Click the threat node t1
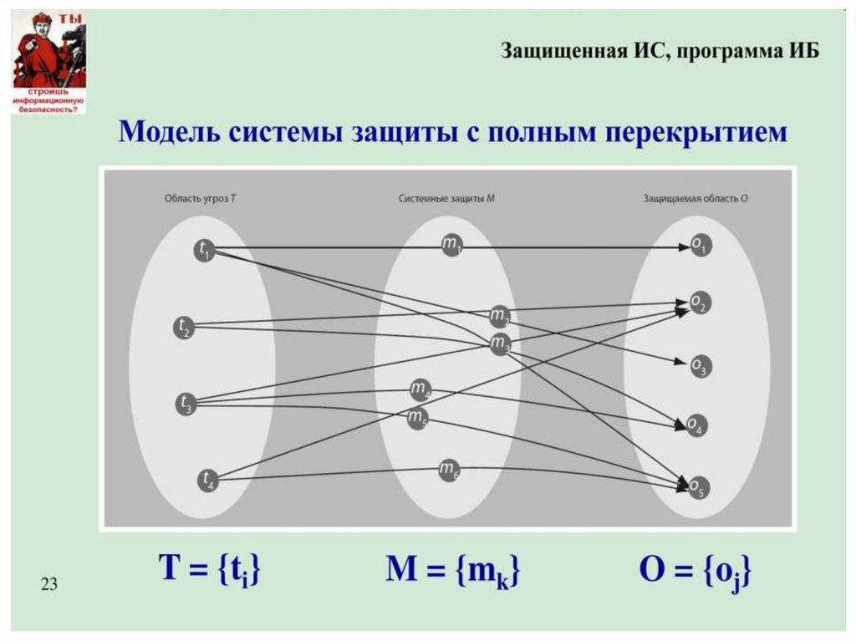coord(205,250)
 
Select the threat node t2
coord(184,328)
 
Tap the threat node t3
coord(185,404)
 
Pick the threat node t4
coord(207,480)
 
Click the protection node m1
coord(451,245)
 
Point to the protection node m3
coord(500,343)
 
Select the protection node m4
coord(420,389)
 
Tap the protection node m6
coord(450,470)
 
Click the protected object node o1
coord(700,247)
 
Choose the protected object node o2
coord(700,303)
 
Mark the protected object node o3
coord(700,365)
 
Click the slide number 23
coord(48,584)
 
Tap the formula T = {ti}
coord(210,571)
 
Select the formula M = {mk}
coord(452,571)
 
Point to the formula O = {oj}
coord(695,572)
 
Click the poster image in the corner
coord(48,64)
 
